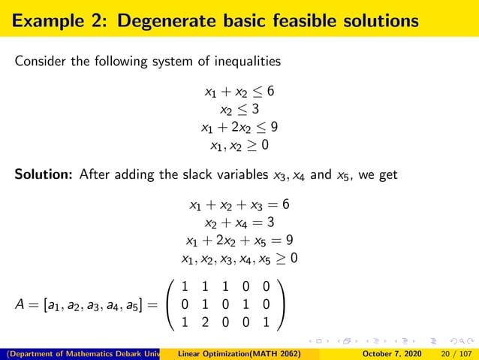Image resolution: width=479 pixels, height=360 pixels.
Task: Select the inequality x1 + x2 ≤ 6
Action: (239, 92)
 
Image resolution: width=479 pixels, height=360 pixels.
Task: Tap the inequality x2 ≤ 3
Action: (239, 109)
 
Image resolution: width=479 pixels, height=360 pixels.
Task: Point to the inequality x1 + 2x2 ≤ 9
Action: (239, 126)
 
